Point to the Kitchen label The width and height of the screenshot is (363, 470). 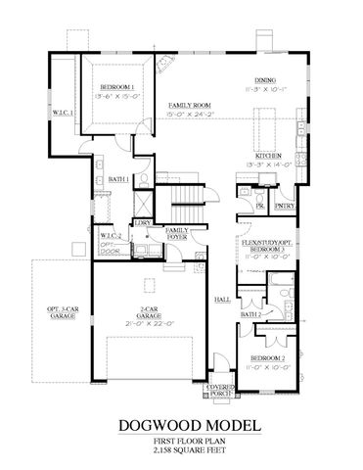click(269, 156)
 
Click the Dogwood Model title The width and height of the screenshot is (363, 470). click(182, 426)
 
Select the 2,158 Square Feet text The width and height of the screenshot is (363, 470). click(182, 453)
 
